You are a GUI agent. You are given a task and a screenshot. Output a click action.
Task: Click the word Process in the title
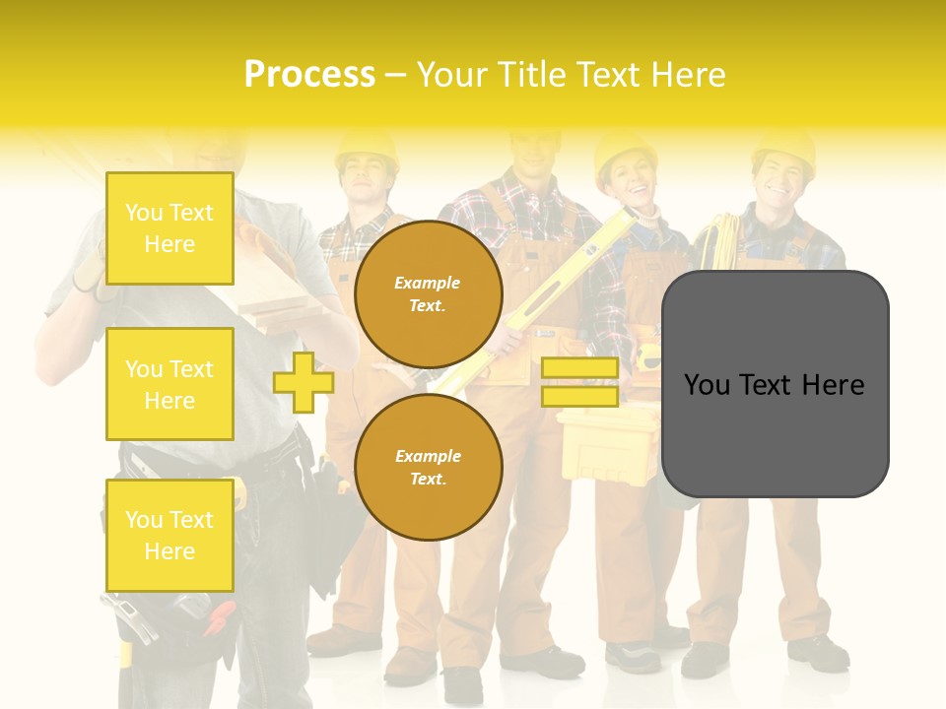309,75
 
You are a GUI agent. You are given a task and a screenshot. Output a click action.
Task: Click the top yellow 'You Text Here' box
169,228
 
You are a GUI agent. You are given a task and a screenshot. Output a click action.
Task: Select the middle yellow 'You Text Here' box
169,384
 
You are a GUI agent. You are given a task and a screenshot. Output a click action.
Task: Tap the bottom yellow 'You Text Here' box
169,536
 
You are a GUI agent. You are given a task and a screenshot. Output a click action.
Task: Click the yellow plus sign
303,382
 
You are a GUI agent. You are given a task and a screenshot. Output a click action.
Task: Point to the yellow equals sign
579,382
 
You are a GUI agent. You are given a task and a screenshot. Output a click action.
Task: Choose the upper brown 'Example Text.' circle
428,293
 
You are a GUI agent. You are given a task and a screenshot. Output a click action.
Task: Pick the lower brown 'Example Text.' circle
428,467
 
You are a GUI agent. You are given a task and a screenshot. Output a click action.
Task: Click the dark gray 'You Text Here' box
775,384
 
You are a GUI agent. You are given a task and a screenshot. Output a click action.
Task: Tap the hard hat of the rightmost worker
783,148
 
